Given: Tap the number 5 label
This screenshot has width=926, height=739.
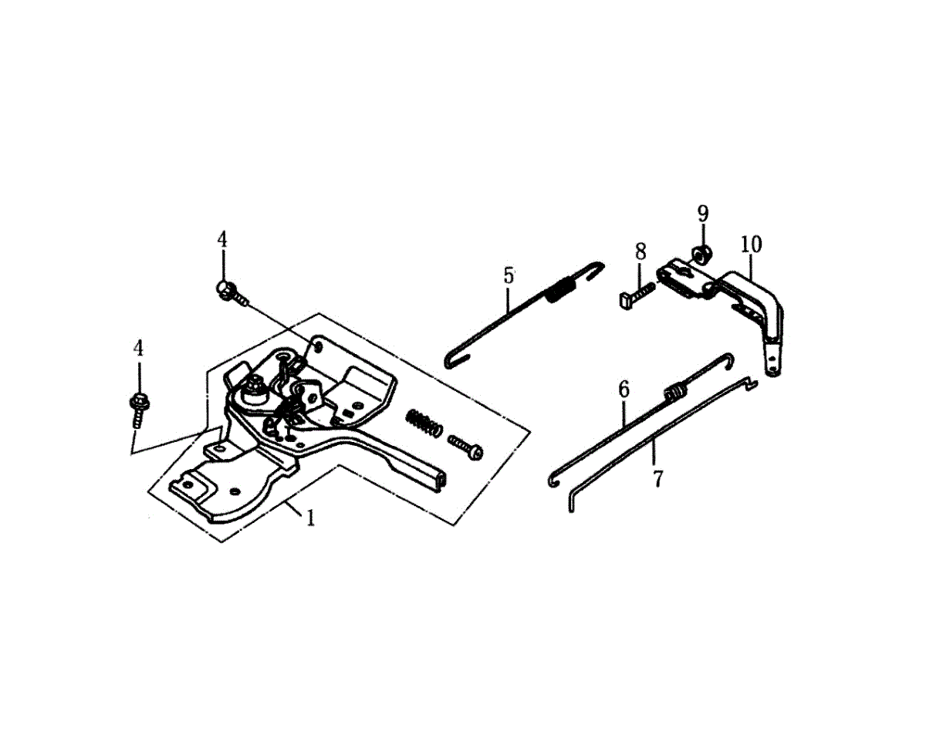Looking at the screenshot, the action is point(508,275).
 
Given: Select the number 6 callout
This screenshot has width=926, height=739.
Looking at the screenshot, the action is point(624,389).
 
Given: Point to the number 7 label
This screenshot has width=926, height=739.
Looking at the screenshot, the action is point(657,478).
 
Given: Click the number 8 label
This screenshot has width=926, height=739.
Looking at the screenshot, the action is point(640,251).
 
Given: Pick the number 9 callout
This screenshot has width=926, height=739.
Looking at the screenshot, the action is point(702,213).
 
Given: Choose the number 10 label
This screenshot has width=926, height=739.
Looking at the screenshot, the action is point(751,245).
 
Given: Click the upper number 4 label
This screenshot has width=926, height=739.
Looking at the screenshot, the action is point(222,239).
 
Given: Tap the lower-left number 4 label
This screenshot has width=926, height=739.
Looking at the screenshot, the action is point(138,348).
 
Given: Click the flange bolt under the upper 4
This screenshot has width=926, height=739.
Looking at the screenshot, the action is point(228,292).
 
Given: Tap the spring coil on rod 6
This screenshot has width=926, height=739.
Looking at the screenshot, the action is point(674,390).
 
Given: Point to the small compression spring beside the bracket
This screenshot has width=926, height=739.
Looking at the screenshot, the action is point(424,423).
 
